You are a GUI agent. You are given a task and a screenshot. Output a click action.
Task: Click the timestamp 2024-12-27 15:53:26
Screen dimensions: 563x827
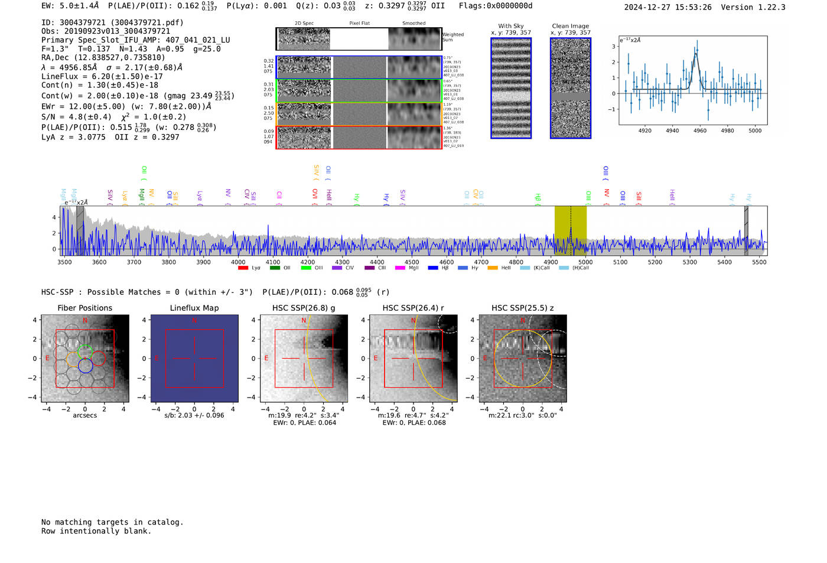pyautogui.click(x=668, y=7)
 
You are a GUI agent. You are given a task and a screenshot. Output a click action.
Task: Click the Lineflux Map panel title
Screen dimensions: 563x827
pyautogui.click(x=194, y=308)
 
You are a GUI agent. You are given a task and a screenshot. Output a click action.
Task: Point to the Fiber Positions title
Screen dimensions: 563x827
pyautogui.click(x=84, y=308)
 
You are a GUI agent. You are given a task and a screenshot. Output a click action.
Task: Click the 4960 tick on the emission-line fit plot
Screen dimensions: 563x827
pyautogui.click(x=699, y=131)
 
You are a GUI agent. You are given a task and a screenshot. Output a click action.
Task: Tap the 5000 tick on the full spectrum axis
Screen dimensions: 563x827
pyautogui.click(x=585, y=262)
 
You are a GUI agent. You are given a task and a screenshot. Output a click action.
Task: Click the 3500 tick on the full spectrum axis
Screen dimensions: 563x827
pyautogui.click(x=64, y=262)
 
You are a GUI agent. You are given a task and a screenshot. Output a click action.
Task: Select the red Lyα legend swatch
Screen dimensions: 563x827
pyautogui.click(x=243, y=268)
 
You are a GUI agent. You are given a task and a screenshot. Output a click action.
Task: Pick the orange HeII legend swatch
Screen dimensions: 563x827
pyautogui.click(x=493, y=268)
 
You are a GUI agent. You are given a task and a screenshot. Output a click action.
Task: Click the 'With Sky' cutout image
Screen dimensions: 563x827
pyautogui.click(x=511, y=88)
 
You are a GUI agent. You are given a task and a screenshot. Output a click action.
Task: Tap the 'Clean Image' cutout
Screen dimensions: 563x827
pyautogui.click(x=571, y=88)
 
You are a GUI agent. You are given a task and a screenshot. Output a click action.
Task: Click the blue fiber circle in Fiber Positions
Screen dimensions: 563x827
pyautogui.click(x=85, y=366)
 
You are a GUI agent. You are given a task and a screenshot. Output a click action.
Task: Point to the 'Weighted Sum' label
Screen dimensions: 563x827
pyautogui.click(x=452, y=37)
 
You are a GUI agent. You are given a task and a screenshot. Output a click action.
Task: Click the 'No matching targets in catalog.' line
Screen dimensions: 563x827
pyautogui.click(x=112, y=522)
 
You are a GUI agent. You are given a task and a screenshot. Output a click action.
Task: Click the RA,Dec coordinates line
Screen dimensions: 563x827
pyautogui.click(x=103, y=57)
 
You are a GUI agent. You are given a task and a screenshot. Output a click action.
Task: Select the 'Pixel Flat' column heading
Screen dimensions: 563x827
pyautogui.click(x=359, y=24)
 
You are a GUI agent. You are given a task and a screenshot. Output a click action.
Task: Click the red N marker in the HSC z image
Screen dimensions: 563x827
pyautogui.click(x=522, y=321)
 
